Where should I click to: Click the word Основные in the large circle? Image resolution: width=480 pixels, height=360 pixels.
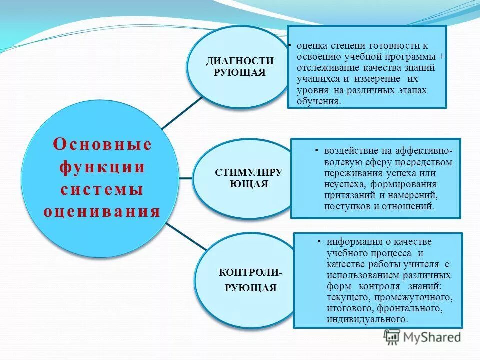(x=102, y=145)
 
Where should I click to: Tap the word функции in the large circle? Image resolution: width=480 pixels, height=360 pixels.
(x=102, y=167)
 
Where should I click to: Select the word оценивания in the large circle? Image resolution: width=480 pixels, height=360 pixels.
(x=102, y=211)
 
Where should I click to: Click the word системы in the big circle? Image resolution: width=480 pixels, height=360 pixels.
(x=102, y=189)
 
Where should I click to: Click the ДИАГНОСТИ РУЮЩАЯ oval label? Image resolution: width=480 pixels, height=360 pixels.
(x=240, y=66)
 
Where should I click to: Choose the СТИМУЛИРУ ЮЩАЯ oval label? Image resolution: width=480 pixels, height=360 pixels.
(x=249, y=178)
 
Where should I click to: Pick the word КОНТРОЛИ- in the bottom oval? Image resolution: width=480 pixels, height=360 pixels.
(x=250, y=273)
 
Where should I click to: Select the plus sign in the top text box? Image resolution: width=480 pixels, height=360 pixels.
(x=442, y=56)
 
